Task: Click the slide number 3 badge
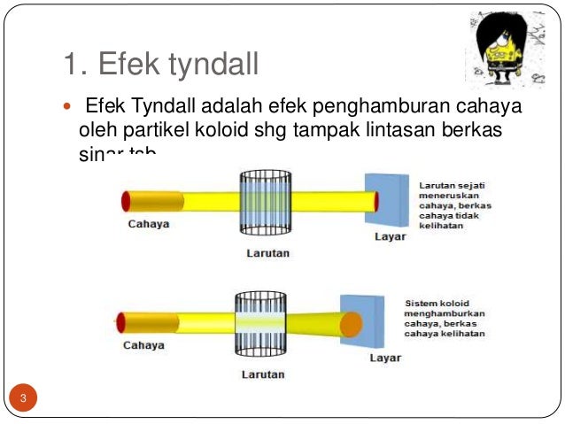(24, 397)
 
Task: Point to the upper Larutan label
(267, 253)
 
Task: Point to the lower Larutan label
(263, 374)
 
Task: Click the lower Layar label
(385, 358)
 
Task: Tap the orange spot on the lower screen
(352, 323)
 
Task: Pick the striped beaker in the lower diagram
(259, 324)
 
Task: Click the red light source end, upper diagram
(128, 201)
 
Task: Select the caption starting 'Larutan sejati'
(454, 204)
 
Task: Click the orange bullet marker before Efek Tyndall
(70, 108)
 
